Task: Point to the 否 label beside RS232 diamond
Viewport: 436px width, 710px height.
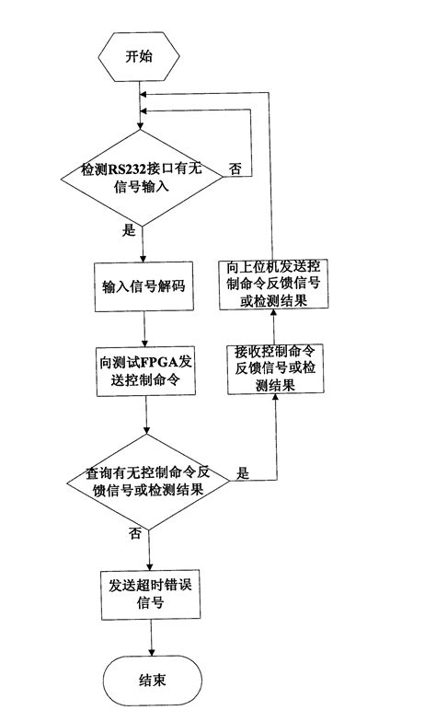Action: pyautogui.click(x=235, y=169)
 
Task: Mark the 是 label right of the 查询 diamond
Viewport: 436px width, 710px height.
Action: pyautogui.click(x=245, y=472)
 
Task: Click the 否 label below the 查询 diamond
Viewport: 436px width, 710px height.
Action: pyautogui.click(x=135, y=532)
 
